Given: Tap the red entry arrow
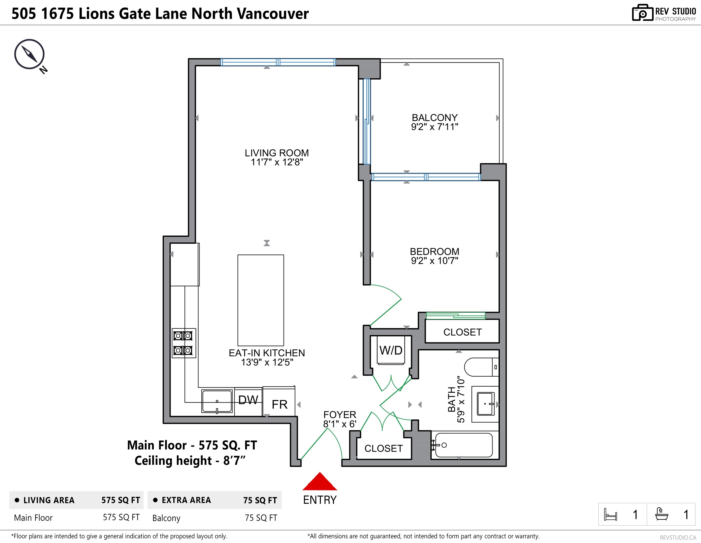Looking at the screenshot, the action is pos(320,481).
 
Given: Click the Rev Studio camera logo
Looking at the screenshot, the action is pos(643,13).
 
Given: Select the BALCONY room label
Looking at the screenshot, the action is pos(435,118).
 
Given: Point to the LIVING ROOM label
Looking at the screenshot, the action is pos(277,153).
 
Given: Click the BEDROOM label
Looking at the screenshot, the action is pos(435,251).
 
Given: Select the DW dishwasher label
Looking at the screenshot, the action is pos(248,400).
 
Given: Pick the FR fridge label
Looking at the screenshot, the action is pos(280,404).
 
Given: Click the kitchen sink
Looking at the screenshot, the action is pos(217,401).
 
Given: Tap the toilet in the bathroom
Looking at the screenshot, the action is pos(481,367).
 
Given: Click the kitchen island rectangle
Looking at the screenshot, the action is pos(261,300).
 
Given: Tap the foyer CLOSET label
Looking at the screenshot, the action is pos(383,448).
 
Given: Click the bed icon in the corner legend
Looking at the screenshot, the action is pos(610,514).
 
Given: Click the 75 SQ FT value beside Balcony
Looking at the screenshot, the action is pos(261,518).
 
